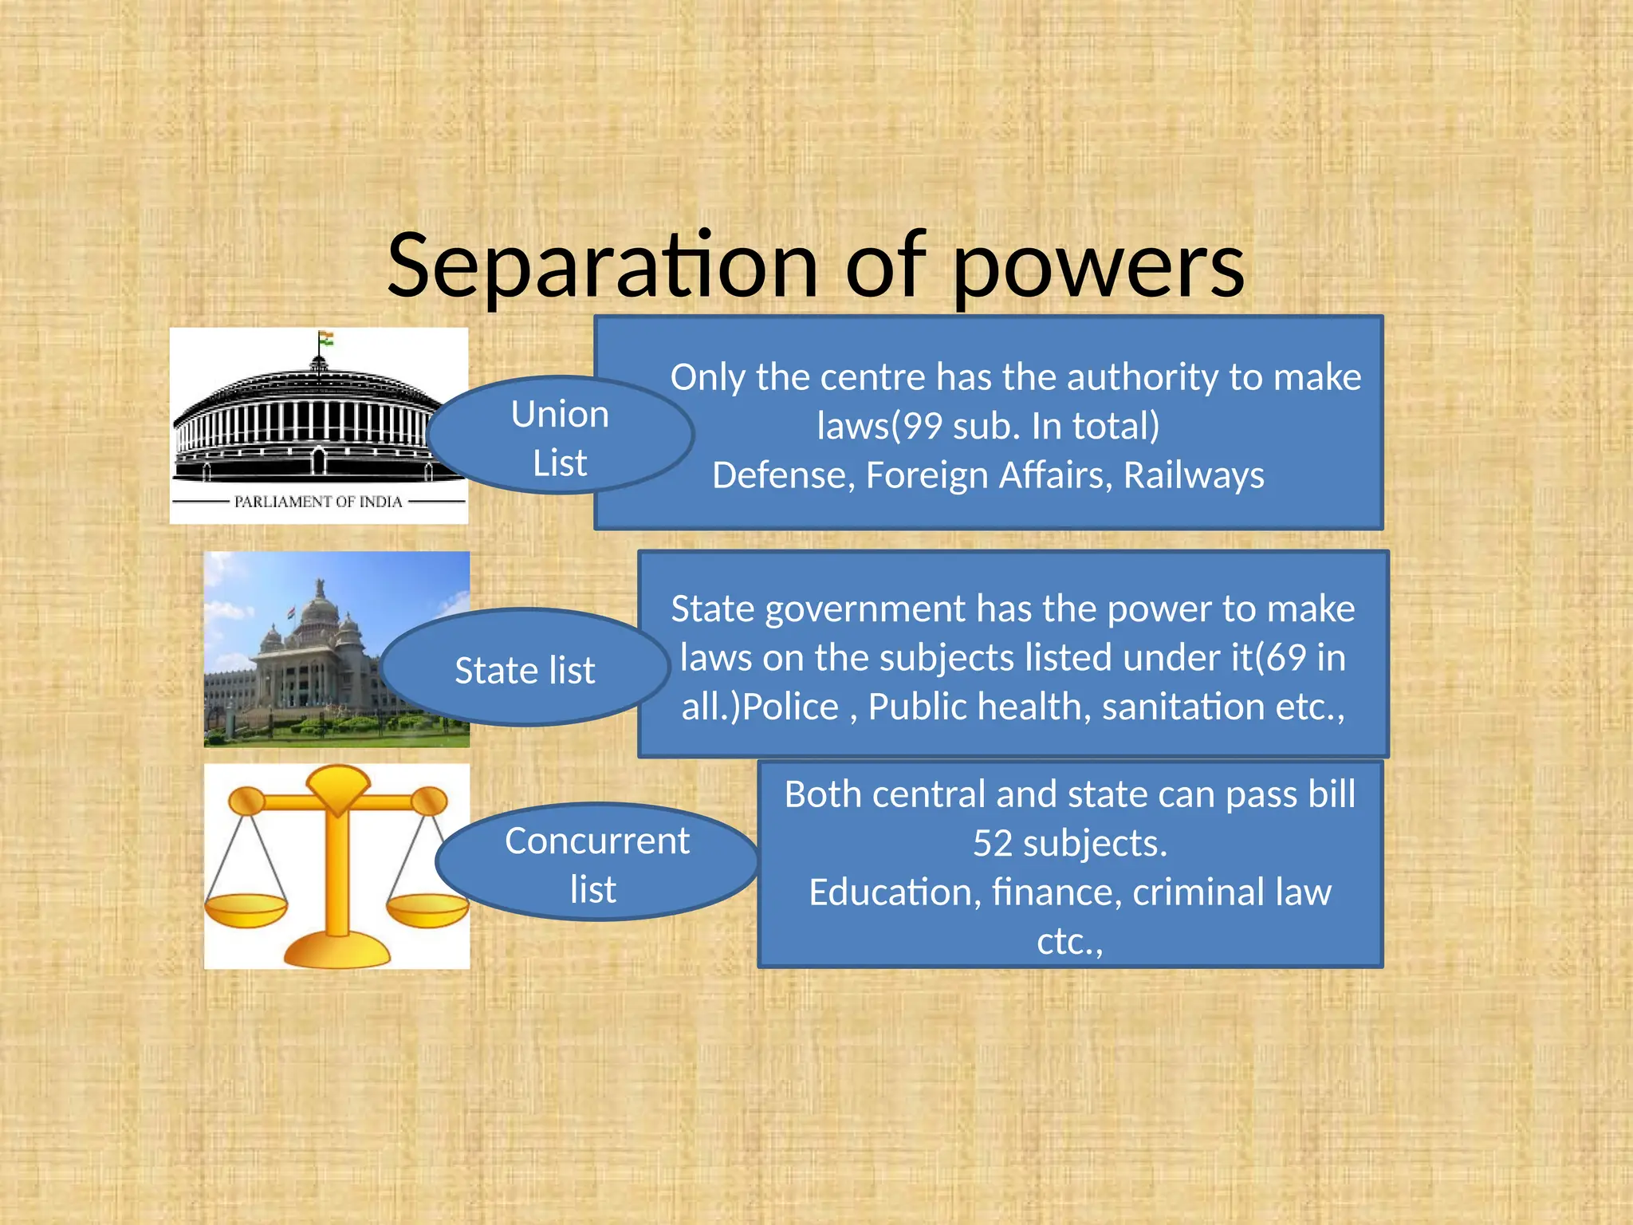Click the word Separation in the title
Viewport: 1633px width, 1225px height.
pyautogui.click(x=602, y=266)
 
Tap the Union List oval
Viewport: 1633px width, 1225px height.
pyautogui.click(x=560, y=437)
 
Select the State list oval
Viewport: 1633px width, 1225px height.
pyautogui.click(x=524, y=669)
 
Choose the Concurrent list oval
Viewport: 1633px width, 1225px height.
pyautogui.click(x=596, y=864)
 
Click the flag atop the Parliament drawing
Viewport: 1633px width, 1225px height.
pyautogui.click(x=325, y=339)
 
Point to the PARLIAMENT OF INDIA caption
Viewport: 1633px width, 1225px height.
pyautogui.click(x=318, y=502)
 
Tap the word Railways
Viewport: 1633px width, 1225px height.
pyautogui.click(x=1194, y=475)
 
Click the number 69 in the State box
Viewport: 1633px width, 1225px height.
pyautogui.click(x=1286, y=658)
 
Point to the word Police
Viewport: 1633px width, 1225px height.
pyautogui.click(x=790, y=707)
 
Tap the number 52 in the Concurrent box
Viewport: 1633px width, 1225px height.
pyautogui.click(x=992, y=843)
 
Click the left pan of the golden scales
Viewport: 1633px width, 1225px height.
pyautogui.click(x=246, y=909)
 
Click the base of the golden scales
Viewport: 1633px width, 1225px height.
pyautogui.click(x=337, y=951)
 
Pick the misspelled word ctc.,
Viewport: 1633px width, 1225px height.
pyautogui.click(x=1069, y=942)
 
